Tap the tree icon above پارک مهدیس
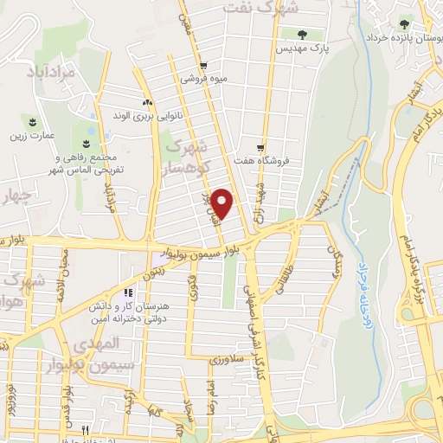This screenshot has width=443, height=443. point(302,35)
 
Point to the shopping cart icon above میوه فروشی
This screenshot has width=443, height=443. point(202,64)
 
